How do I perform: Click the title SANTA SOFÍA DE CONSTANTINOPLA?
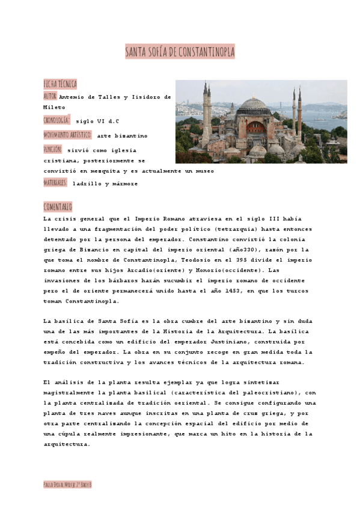tap(180, 52)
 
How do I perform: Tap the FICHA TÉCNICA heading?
tap(59, 84)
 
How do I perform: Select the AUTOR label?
tap(50, 96)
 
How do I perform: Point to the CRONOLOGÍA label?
tap(56, 120)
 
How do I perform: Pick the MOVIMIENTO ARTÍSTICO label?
tap(67, 135)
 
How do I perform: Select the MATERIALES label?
tap(55, 183)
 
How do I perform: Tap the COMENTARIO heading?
tap(58, 207)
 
